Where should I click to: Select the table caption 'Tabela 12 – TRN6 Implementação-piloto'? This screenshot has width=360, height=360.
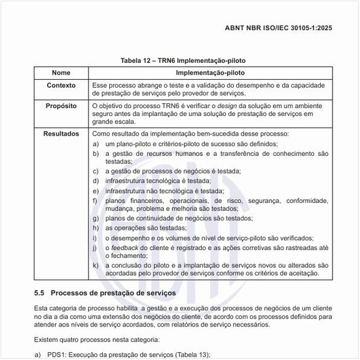(x=183, y=60)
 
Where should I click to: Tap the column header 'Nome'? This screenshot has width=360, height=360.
(x=61, y=72)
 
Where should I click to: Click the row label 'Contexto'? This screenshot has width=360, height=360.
(x=61, y=85)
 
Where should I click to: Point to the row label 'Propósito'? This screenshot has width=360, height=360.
(x=61, y=105)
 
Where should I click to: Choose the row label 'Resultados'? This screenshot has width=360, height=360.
(x=61, y=134)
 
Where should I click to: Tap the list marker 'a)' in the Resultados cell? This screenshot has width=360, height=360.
(x=96, y=143)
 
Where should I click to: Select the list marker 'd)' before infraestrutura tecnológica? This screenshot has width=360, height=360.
(x=96, y=181)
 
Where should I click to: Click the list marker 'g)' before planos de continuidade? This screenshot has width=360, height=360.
(x=96, y=219)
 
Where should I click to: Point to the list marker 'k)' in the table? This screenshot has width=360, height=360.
(x=96, y=265)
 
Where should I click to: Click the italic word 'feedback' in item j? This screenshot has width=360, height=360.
(x=126, y=248)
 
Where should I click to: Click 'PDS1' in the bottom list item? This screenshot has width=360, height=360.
(x=55, y=354)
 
